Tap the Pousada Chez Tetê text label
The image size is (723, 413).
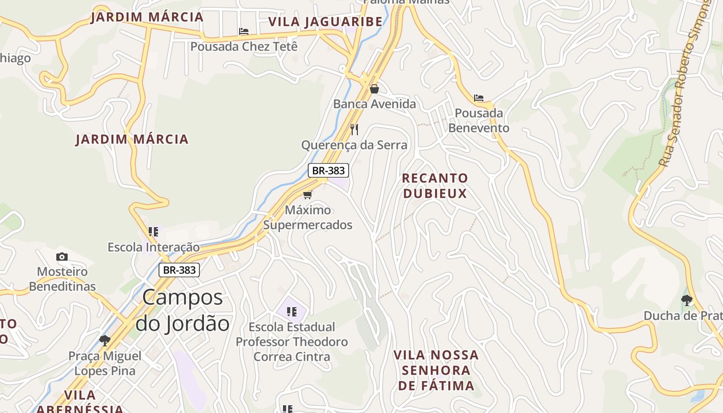click(244, 46)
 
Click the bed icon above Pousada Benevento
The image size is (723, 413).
click(479, 98)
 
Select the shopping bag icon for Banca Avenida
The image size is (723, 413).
click(374, 89)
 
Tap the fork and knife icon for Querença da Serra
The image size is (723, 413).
click(354, 129)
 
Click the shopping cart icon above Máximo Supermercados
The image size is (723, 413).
click(308, 195)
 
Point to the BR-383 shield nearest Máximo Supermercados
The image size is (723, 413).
click(328, 170)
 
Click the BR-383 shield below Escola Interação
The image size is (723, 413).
click(179, 269)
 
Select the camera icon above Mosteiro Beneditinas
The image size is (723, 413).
click(62, 257)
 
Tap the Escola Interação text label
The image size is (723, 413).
click(153, 247)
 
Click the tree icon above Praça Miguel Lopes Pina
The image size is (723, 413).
click(105, 340)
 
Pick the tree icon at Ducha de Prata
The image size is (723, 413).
click(686, 300)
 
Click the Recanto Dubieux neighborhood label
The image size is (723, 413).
click(435, 186)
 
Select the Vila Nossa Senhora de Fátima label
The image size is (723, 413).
click(436, 370)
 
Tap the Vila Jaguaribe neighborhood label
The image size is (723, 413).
click(325, 22)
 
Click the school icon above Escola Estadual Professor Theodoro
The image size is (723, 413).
click(292, 312)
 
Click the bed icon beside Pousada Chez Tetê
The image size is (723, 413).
click(244, 31)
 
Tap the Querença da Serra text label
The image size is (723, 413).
click(354, 145)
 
